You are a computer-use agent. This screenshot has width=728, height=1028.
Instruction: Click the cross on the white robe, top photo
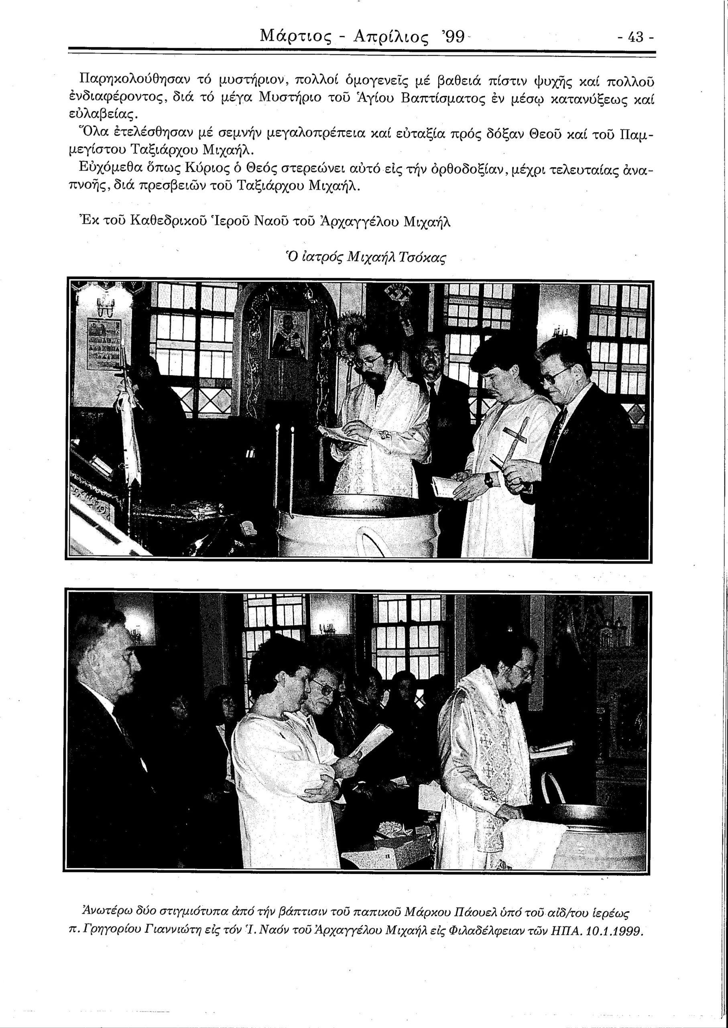pyautogui.click(x=515, y=437)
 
